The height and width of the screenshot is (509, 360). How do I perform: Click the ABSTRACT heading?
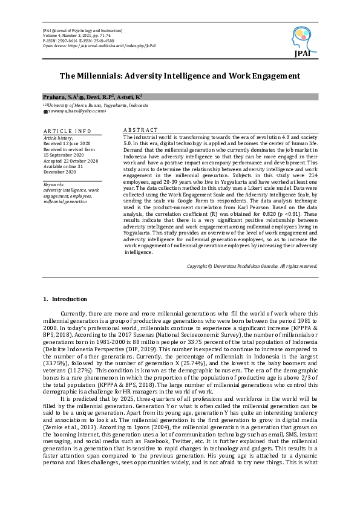(140, 130)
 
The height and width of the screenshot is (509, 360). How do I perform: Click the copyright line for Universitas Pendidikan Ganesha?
(252, 282)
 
